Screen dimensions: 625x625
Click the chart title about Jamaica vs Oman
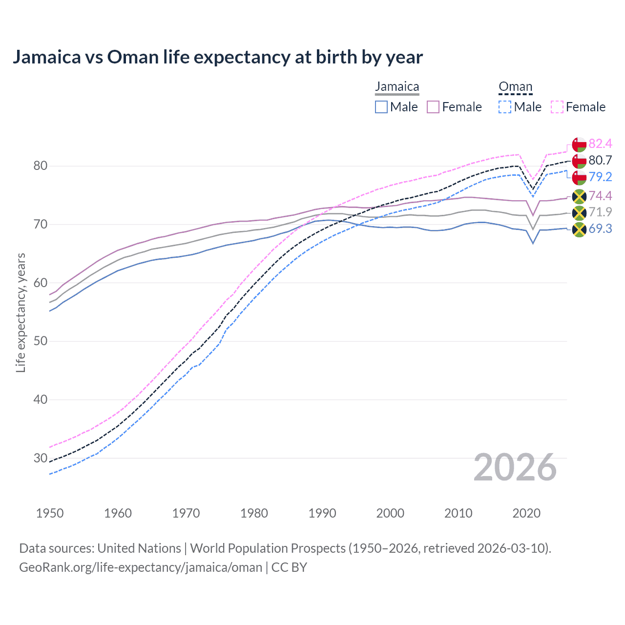(217, 57)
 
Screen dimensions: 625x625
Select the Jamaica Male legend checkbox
(381, 107)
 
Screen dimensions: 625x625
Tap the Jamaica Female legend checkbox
(433, 107)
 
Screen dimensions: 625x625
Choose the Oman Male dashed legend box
(505, 107)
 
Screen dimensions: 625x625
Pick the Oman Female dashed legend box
(557, 107)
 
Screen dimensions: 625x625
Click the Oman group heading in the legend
(515, 87)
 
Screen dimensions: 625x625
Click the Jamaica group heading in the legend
(397, 87)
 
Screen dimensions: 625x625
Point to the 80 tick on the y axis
(41, 166)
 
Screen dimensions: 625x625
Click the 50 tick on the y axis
(41, 341)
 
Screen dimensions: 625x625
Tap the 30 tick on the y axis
(41, 458)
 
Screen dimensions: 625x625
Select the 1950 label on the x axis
(50, 513)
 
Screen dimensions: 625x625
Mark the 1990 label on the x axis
(322, 513)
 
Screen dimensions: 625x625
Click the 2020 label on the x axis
(526, 513)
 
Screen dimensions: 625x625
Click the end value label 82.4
(600, 144)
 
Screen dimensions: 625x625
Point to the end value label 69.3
(600, 229)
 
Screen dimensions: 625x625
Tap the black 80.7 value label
(600, 160)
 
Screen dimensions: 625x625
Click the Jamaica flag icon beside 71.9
(579, 213)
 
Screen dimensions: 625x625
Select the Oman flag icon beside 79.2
(579, 177)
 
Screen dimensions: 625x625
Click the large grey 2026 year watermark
(515, 468)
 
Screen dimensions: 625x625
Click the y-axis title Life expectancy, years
(21, 312)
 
